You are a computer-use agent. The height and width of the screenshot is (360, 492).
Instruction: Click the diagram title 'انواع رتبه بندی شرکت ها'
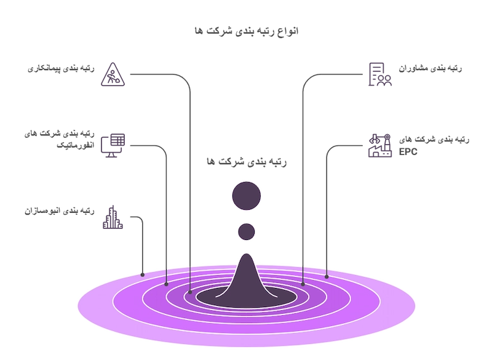pyautogui.click(x=247, y=31)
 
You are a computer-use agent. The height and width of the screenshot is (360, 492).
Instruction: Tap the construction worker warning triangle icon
pyautogui.click(x=113, y=74)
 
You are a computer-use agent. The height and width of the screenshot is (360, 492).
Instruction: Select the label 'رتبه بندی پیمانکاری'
pyautogui.click(x=61, y=68)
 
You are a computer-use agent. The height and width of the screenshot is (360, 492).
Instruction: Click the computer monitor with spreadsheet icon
pyautogui.click(x=113, y=146)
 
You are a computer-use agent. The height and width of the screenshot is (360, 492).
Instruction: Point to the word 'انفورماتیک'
pyautogui.click(x=75, y=145)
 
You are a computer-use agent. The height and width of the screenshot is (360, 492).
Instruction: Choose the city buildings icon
pyautogui.click(x=113, y=217)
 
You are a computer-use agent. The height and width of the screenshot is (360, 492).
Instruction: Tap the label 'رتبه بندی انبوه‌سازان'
pyautogui.click(x=60, y=210)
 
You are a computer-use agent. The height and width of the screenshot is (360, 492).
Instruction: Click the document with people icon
pyautogui.click(x=380, y=74)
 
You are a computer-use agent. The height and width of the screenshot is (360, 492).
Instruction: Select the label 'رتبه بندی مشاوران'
pyautogui.click(x=430, y=68)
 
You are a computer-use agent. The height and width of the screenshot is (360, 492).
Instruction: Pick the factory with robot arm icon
pyautogui.click(x=380, y=146)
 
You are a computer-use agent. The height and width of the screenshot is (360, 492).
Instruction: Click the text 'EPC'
pyautogui.click(x=408, y=152)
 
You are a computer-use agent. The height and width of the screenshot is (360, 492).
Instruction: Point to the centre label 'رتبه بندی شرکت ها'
pyautogui.click(x=247, y=162)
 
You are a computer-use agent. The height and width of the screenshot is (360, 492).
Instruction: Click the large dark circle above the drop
pyautogui.click(x=247, y=196)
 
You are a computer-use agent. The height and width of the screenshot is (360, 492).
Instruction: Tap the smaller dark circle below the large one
pyautogui.click(x=247, y=231)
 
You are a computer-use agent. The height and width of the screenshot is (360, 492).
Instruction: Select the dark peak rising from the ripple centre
pyautogui.click(x=247, y=276)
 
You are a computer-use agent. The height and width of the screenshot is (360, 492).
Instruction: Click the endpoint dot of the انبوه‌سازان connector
pyautogui.click(x=143, y=274)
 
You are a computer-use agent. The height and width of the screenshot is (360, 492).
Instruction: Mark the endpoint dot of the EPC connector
pyautogui.click(x=327, y=277)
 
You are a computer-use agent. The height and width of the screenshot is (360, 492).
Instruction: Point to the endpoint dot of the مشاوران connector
pyautogui.click(x=303, y=284)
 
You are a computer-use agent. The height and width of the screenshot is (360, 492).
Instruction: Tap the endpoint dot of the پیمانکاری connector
pyautogui.click(x=190, y=292)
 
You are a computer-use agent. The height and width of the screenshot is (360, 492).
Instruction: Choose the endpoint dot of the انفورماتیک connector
pyautogui.click(x=166, y=284)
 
